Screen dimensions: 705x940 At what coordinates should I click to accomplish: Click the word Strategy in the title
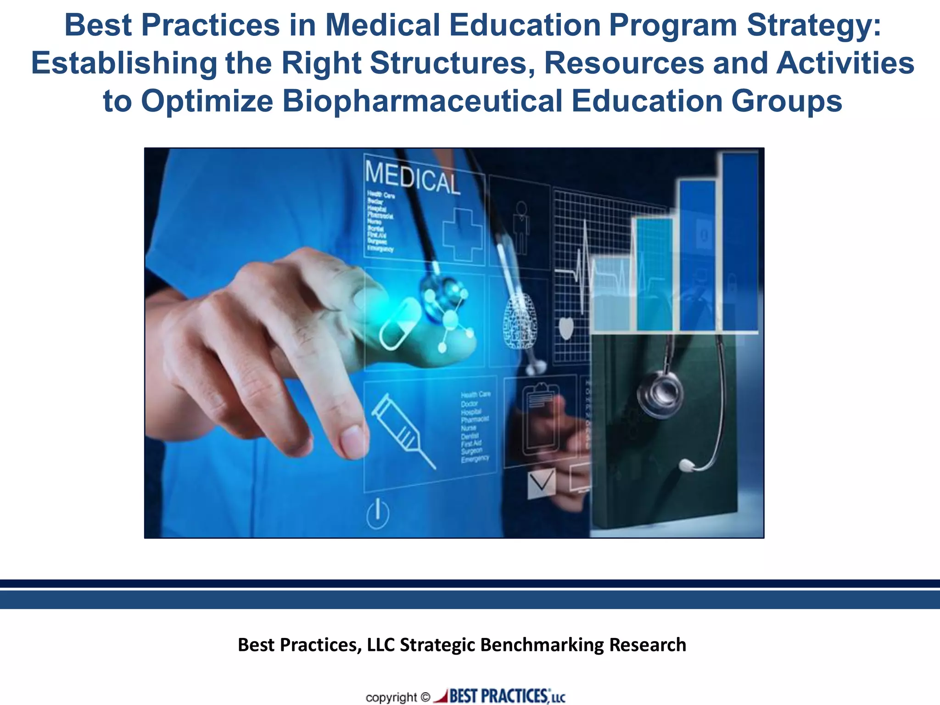pyautogui.click(x=814, y=26)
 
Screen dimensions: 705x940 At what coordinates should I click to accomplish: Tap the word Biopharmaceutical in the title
pyautogui.click(x=422, y=101)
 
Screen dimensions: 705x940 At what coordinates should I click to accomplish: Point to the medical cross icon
pyautogui.click(x=462, y=235)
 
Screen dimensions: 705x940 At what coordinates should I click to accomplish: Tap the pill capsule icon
pyautogui.click(x=399, y=324)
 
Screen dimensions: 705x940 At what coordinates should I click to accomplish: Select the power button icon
pyautogui.click(x=378, y=514)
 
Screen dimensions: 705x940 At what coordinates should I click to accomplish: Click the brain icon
pyautogui.click(x=520, y=321)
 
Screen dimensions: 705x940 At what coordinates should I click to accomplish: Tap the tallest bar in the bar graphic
pyautogui.click(x=740, y=242)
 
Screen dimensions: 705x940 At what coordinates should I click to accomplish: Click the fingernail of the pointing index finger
pyautogui.click(x=352, y=441)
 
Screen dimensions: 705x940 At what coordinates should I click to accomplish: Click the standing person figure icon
pyautogui.click(x=521, y=227)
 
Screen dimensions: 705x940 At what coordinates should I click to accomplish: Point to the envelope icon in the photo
pyautogui.click(x=542, y=483)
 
